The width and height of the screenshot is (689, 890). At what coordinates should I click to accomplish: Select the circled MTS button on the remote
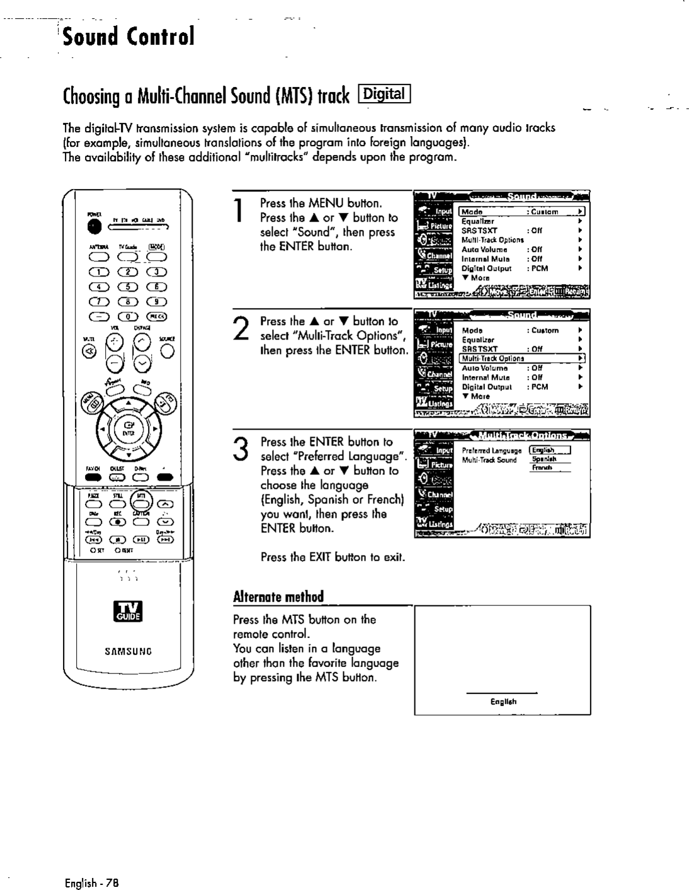(142, 499)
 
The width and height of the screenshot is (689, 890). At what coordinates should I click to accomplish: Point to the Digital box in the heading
(384, 95)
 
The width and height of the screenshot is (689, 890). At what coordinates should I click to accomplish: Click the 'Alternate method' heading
(278, 596)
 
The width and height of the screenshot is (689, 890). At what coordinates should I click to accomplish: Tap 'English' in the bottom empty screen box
(503, 701)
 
